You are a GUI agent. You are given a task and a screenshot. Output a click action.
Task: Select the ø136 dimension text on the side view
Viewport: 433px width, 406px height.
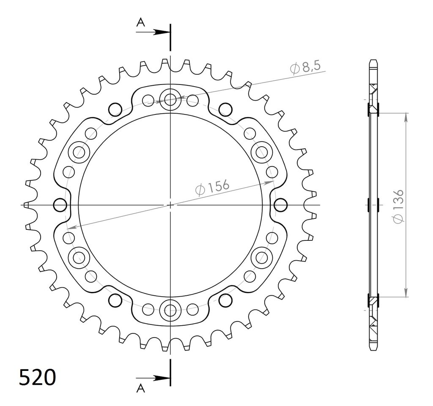coord(399,206)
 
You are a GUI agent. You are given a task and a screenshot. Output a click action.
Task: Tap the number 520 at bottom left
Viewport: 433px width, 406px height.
coord(37,377)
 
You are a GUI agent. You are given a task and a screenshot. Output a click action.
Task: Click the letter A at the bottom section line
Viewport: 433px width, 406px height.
coord(141,388)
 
